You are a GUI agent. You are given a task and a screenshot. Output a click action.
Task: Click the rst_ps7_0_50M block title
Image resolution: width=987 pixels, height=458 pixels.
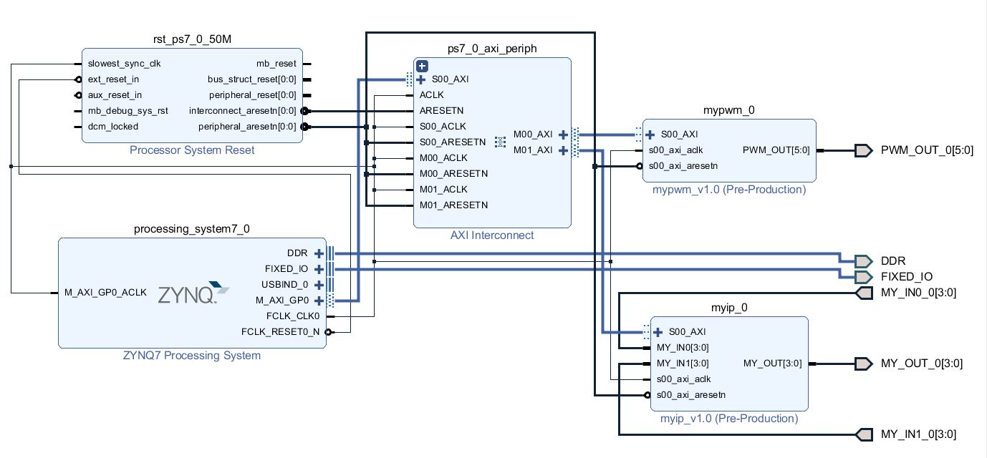192,39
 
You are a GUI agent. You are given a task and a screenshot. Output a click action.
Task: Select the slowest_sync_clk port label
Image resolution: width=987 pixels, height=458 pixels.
124,64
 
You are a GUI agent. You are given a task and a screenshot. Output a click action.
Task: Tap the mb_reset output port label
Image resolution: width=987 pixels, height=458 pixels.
276,64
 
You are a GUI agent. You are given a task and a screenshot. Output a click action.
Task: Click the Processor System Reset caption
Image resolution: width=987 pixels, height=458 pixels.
192,150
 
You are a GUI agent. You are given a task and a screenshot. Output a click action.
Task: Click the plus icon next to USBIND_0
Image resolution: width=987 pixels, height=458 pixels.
319,285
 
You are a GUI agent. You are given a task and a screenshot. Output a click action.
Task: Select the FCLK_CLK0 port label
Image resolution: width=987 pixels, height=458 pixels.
292,316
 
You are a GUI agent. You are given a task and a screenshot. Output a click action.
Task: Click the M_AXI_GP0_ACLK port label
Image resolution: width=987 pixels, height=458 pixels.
105,293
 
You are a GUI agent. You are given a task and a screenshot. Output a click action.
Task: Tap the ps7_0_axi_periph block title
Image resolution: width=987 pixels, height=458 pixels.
492,48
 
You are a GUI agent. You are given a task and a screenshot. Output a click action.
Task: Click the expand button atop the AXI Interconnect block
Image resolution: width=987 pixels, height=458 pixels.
422,66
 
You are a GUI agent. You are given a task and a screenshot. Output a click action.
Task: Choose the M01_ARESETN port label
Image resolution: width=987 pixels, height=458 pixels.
453,205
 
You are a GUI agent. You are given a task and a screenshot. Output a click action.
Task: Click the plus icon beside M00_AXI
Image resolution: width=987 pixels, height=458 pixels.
564,135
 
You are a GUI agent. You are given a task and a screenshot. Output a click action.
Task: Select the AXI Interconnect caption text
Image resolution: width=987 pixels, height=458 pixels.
492,235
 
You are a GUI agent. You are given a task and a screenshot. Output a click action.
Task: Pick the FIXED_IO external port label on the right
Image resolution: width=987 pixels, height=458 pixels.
907,277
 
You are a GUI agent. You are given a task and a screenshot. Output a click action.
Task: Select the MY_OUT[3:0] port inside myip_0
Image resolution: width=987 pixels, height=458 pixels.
772,364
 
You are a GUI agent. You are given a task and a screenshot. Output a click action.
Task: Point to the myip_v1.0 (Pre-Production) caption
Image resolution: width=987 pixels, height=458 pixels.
729,419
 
